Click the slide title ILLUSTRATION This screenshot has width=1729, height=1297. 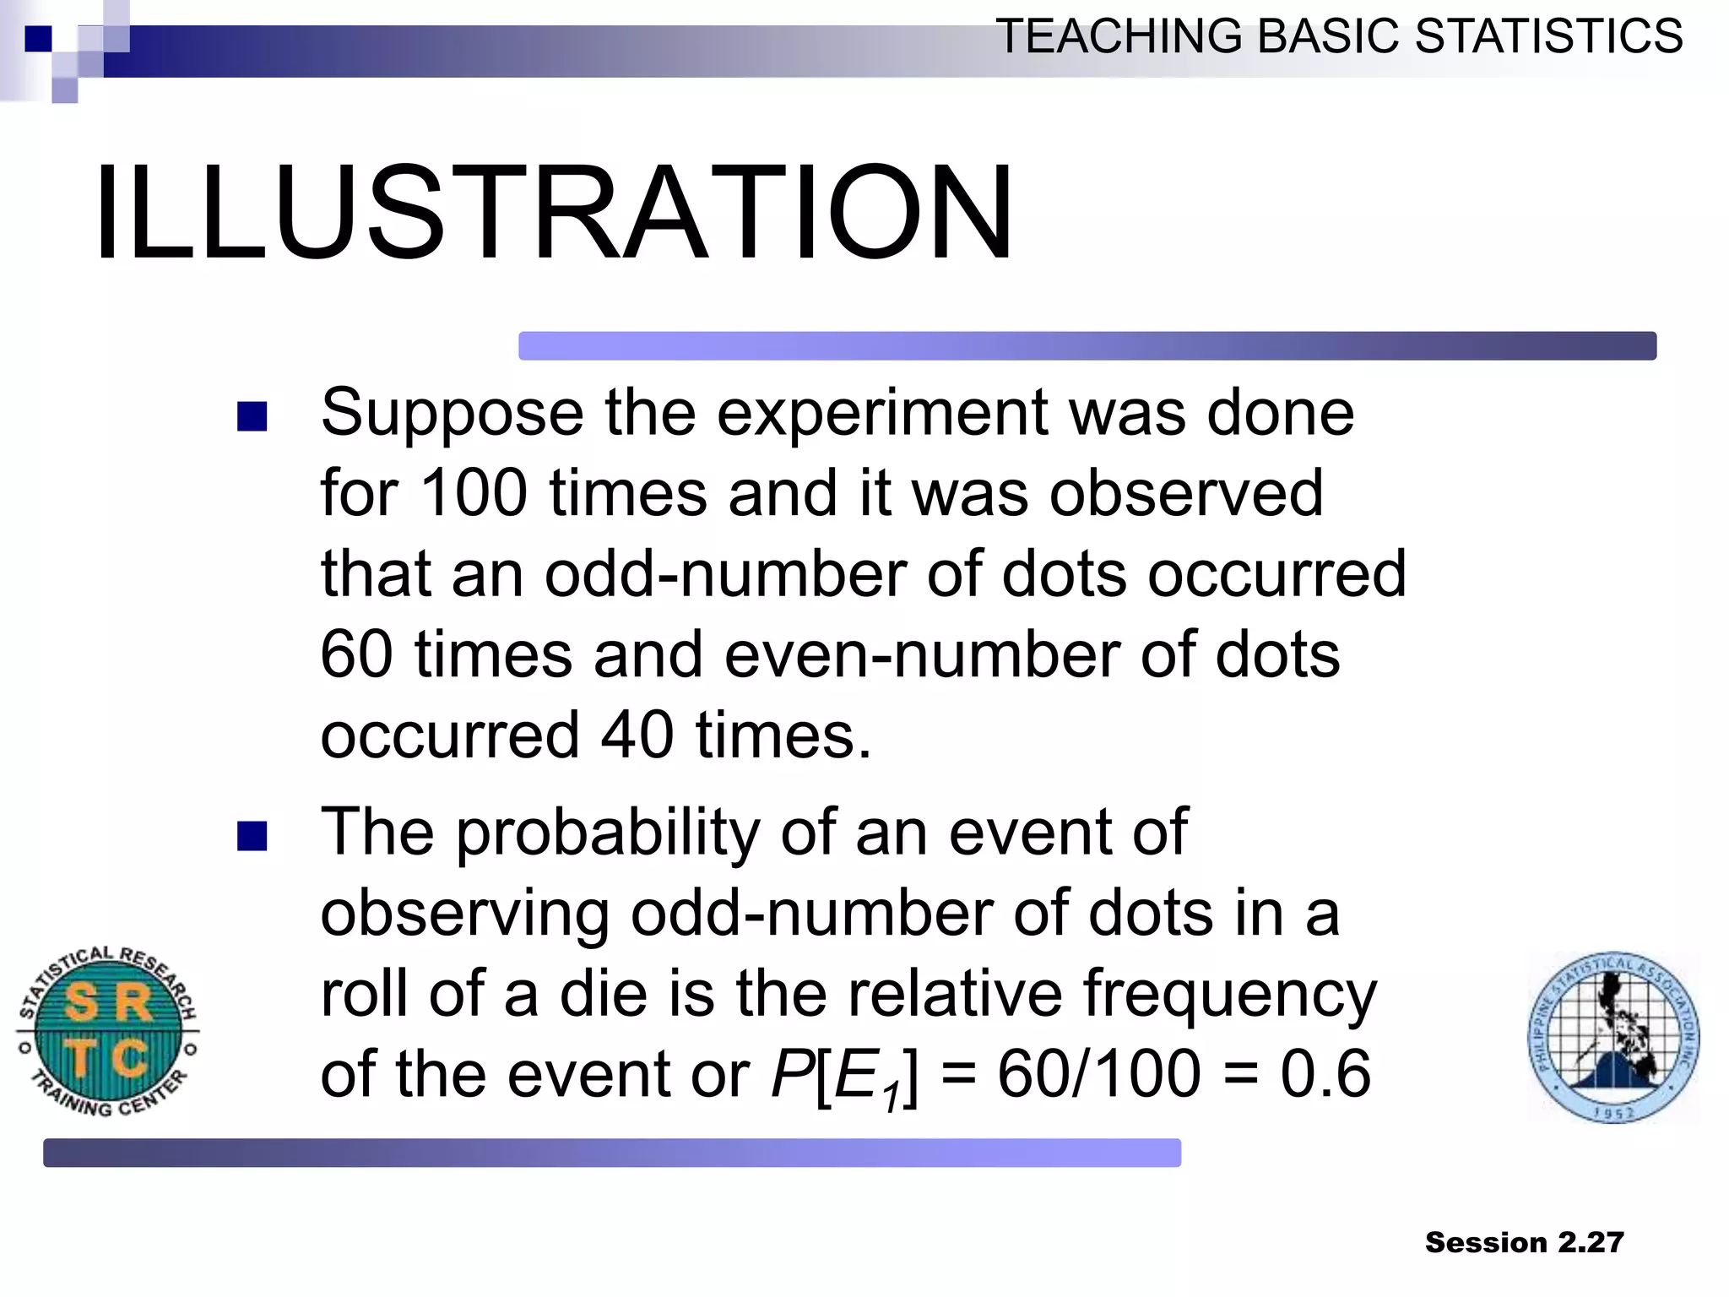(554, 213)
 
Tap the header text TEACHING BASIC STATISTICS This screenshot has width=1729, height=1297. (1339, 37)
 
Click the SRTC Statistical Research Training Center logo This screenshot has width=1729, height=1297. (108, 1032)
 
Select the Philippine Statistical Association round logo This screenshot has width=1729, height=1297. (1613, 1038)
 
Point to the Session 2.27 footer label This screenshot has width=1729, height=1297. (1524, 1242)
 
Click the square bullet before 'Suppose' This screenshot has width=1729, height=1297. (252, 416)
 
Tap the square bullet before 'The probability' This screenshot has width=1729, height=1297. (252, 836)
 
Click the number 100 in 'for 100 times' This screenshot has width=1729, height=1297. (473, 493)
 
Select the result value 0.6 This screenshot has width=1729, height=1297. (1325, 1074)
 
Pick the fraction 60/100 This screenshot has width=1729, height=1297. (1099, 1074)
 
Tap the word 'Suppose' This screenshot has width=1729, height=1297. (452, 414)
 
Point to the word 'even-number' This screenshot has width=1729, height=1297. (922, 655)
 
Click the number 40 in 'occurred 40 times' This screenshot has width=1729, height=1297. (637, 735)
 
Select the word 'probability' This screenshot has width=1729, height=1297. (609, 834)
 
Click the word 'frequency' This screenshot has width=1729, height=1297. (1229, 995)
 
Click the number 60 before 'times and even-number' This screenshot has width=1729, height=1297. (356, 655)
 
